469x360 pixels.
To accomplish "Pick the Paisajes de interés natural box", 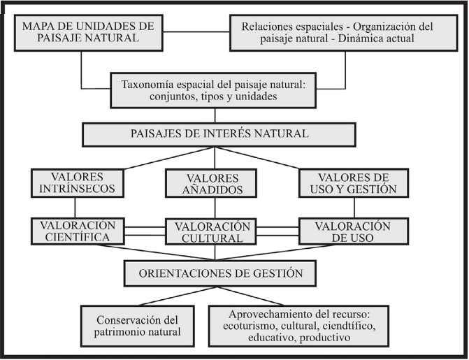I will (214, 133).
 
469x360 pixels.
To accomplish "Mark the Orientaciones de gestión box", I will (214, 273).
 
